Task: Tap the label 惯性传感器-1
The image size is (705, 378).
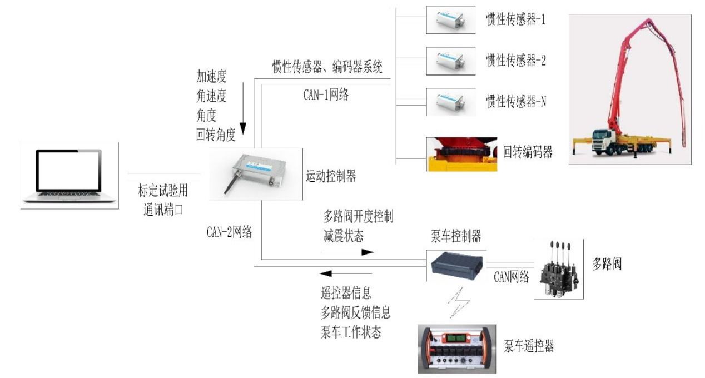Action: point(515,21)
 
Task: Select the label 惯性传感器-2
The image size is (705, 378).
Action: point(515,61)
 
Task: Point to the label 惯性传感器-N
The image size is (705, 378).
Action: point(515,101)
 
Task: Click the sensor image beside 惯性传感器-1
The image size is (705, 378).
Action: point(451,21)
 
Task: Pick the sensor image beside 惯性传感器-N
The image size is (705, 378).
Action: point(451,102)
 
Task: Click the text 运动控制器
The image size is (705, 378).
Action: point(331,177)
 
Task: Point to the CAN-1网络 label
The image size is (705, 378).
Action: point(326,94)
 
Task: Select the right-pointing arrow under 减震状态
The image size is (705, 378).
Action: point(368,252)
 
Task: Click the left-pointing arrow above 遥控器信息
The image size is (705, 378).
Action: point(326,273)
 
